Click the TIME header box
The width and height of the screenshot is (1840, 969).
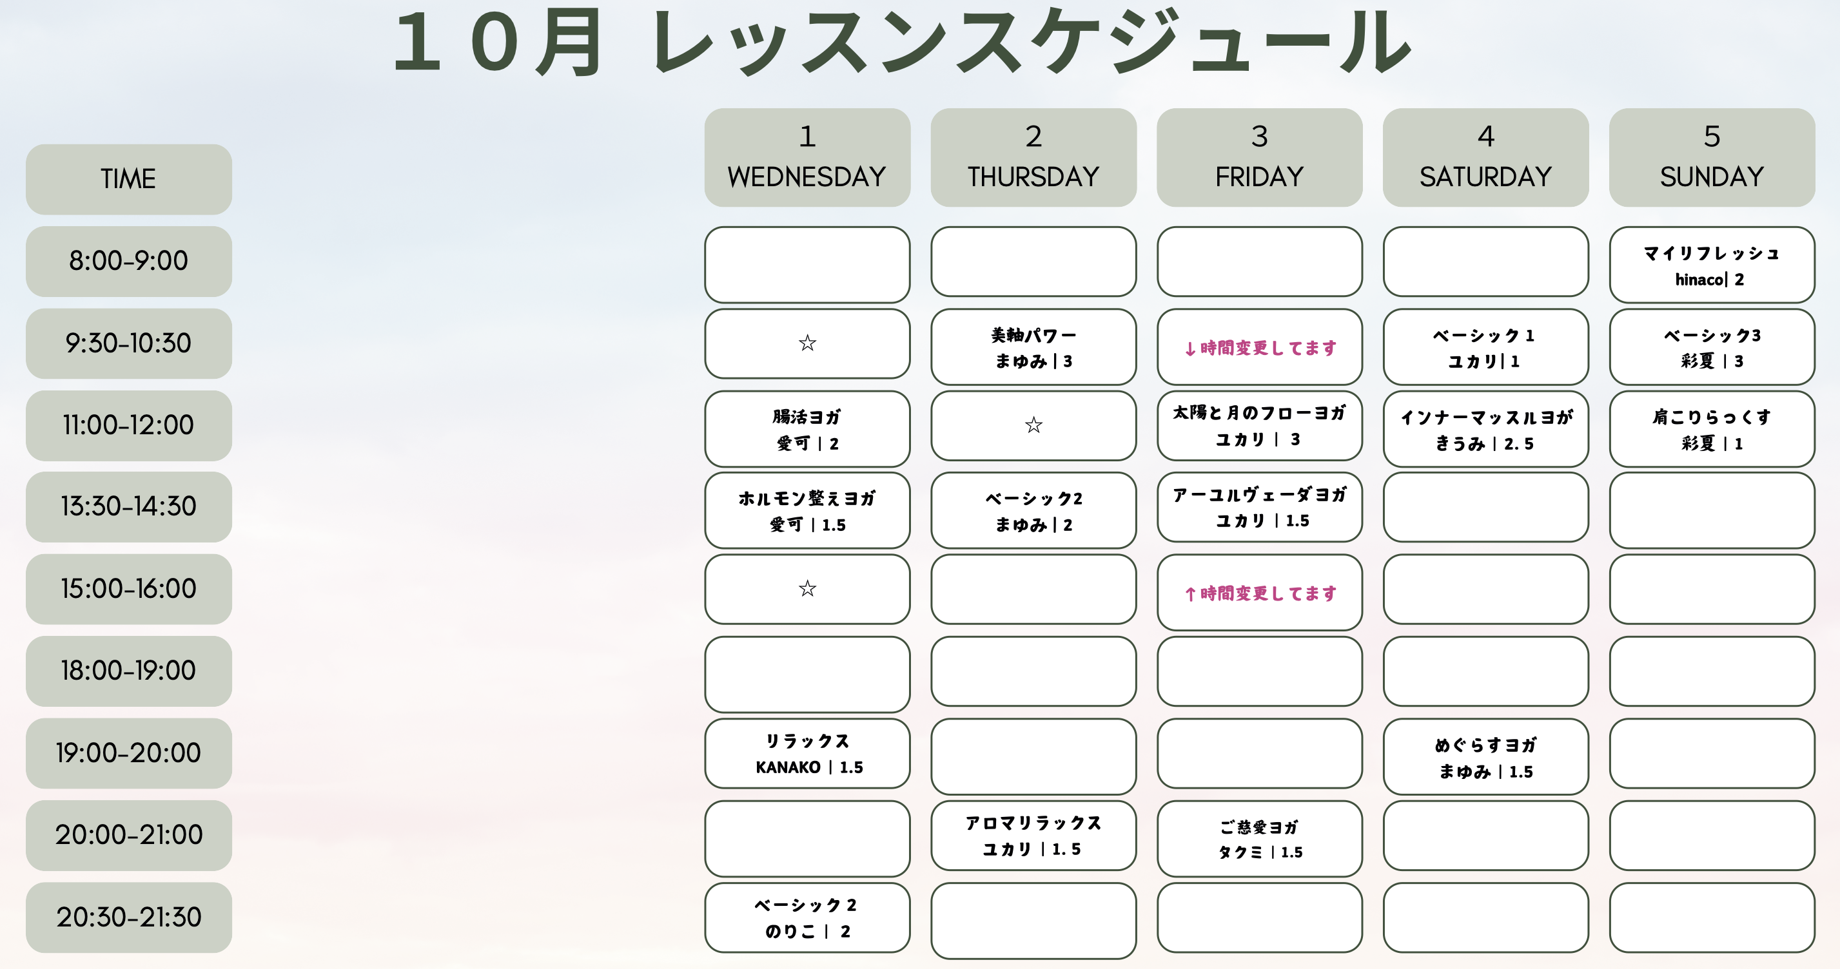tap(128, 179)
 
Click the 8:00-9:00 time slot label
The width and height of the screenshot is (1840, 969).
tap(128, 262)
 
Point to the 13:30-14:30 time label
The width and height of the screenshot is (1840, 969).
tap(128, 507)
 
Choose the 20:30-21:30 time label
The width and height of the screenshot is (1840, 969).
tap(128, 917)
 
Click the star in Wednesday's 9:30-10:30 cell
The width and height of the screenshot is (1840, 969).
tap(807, 343)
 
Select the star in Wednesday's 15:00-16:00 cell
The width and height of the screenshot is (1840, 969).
tap(807, 589)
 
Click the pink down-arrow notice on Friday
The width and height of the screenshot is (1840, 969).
tap(1260, 348)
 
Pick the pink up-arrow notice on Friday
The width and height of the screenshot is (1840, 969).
tap(1260, 593)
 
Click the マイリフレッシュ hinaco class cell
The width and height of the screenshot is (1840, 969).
tap(1712, 265)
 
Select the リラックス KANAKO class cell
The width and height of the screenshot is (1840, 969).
tap(807, 753)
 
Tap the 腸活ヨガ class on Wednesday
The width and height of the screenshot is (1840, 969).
tap(807, 429)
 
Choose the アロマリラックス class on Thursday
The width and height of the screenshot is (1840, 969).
tap(1033, 836)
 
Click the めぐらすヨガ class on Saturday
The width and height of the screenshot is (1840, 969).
tap(1485, 757)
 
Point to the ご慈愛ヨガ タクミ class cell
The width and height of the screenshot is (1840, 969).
tap(1260, 839)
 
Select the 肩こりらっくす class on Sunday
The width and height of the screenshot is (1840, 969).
tap(1712, 429)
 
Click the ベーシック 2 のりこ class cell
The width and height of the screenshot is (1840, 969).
tap(807, 917)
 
